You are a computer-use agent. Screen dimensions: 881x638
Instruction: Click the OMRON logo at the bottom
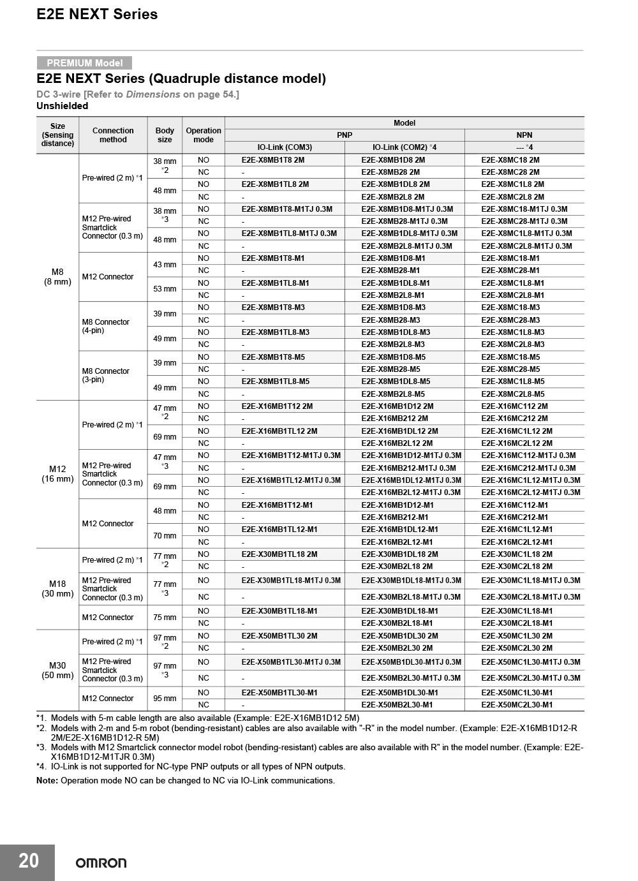click(x=101, y=862)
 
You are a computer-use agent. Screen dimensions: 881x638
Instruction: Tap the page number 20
click(x=28, y=861)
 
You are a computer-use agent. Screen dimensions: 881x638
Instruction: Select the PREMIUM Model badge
click(x=84, y=63)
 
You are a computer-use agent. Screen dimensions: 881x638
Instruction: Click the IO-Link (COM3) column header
click(x=285, y=147)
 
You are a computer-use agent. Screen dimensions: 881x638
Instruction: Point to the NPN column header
click(x=524, y=135)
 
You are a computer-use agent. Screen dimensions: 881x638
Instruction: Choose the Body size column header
click(x=165, y=135)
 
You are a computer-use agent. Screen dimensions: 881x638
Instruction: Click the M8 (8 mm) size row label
click(x=57, y=277)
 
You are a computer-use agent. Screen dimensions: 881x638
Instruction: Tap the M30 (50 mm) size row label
click(x=57, y=670)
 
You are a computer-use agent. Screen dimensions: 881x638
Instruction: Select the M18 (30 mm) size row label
click(x=57, y=589)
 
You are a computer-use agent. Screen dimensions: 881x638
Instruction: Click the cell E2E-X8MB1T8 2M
click(x=273, y=160)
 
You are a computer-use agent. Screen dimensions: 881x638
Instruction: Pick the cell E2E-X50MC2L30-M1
click(x=517, y=705)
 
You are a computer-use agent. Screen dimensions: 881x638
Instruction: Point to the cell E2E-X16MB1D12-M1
click(x=397, y=505)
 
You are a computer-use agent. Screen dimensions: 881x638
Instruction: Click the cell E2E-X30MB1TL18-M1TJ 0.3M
click(x=291, y=581)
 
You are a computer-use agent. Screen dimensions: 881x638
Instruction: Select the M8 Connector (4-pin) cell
click(x=106, y=326)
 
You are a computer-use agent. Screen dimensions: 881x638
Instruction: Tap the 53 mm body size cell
click(x=165, y=289)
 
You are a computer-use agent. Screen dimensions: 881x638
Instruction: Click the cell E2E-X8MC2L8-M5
click(x=513, y=394)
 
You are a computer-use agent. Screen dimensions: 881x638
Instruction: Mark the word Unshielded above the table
click(x=63, y=106)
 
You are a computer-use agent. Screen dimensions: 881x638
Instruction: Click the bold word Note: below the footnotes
click(x=47, y=780)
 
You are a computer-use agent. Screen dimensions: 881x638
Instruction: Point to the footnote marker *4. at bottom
click(x=41, y=766)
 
